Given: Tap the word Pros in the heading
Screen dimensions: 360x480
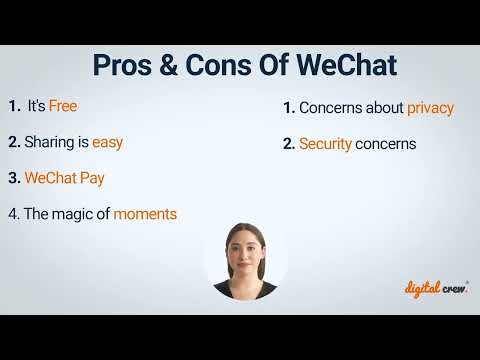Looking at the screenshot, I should [x=125, y=66].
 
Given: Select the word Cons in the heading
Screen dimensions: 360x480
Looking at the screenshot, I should [x=215, y=66].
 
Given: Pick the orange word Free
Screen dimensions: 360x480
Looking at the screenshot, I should [x=62, y=106].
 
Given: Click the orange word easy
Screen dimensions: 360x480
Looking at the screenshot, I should [x=107, y=142].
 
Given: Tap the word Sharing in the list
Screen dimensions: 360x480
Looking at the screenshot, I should [x=56, y=142].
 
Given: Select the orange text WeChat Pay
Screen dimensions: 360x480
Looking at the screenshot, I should [x=65, y=178].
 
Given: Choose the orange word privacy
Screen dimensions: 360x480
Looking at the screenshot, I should [x=430, y=107].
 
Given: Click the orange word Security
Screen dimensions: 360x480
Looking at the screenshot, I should [x=325, y=144].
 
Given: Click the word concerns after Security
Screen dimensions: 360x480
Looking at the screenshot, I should [x=385, y=144].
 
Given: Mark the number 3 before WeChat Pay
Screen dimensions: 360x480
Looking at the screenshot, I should [x=13, y=178].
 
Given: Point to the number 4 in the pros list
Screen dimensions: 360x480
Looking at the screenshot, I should [x=13, y=214].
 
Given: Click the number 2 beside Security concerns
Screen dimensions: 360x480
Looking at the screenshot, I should [x=288, y=144].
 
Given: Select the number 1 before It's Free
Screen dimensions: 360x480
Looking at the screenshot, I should [x=13, y=106].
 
